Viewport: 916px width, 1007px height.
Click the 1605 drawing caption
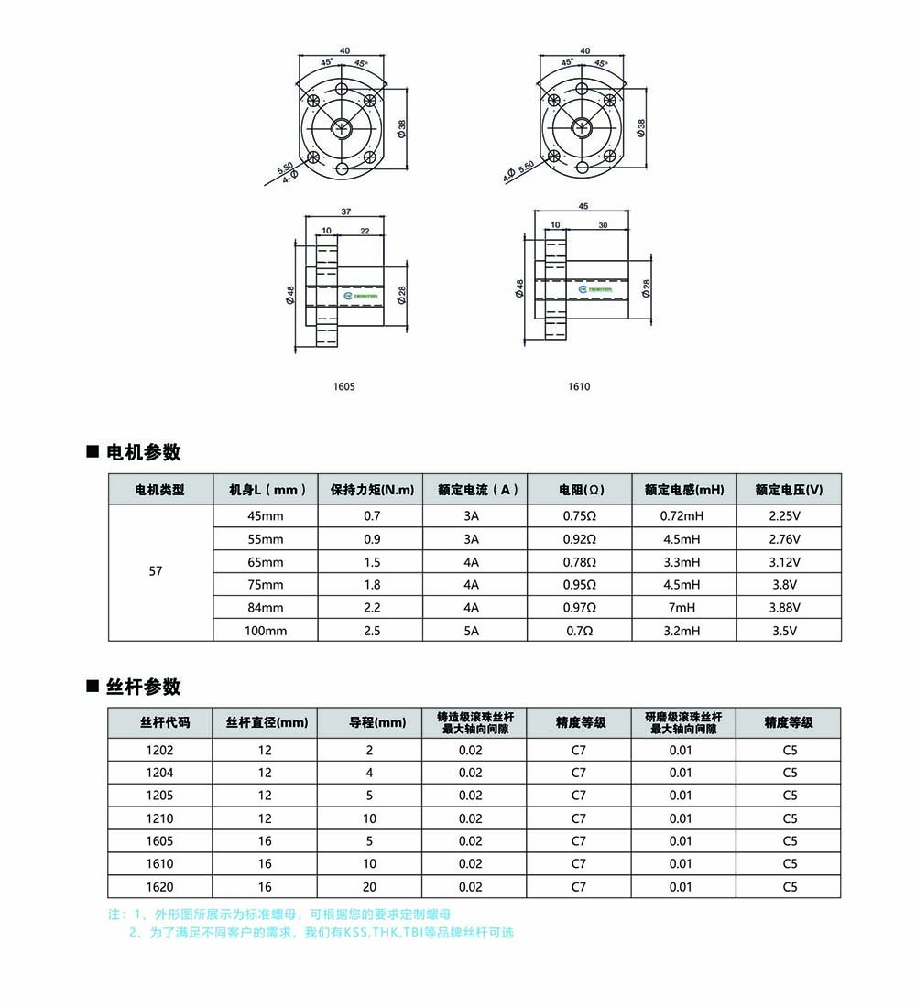click(x=343, y=386)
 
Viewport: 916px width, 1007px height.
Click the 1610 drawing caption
click(x=579, y=386)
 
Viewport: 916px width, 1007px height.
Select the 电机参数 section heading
click(x=144, y=452)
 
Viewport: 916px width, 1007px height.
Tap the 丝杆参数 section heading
click(x=144, y=687)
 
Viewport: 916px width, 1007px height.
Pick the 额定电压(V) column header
click(x=789, y=490)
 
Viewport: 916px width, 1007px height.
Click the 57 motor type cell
click(x=156, y=571)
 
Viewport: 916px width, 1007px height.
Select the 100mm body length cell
click(x=266, y=631)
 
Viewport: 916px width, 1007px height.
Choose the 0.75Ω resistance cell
click(x=579, y=516)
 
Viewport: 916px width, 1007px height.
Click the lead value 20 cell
click(x=369, y=886)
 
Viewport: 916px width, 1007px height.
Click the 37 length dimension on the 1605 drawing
click(x=345, y=211)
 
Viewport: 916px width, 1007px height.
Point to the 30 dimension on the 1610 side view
click(x=603, y=224)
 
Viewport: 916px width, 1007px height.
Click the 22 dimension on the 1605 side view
click(x=365, y=231)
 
